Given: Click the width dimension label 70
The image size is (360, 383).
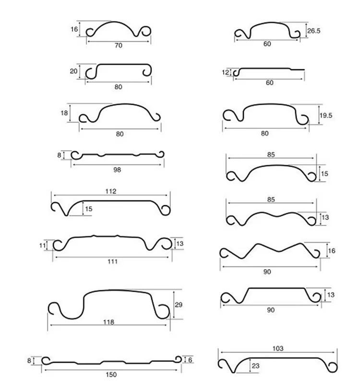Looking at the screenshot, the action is [x=118, y=46].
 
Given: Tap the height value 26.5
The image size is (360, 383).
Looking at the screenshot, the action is [x=313, y=31].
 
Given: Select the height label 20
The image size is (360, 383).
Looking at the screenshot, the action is [x=73, y=71].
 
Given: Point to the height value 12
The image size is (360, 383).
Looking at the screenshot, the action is [x=226, y=72].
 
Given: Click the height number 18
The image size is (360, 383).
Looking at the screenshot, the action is [x=64, y=113].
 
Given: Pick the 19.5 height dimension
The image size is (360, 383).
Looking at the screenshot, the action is [x=326, y=115].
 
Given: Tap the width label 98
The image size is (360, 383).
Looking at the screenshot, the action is [x=117, y=170].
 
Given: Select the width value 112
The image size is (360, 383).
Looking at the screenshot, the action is [x=111, y=191].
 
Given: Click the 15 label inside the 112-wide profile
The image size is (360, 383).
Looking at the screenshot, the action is [x=89, y=209].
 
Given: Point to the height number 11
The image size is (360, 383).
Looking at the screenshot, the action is [x=42, y=246].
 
